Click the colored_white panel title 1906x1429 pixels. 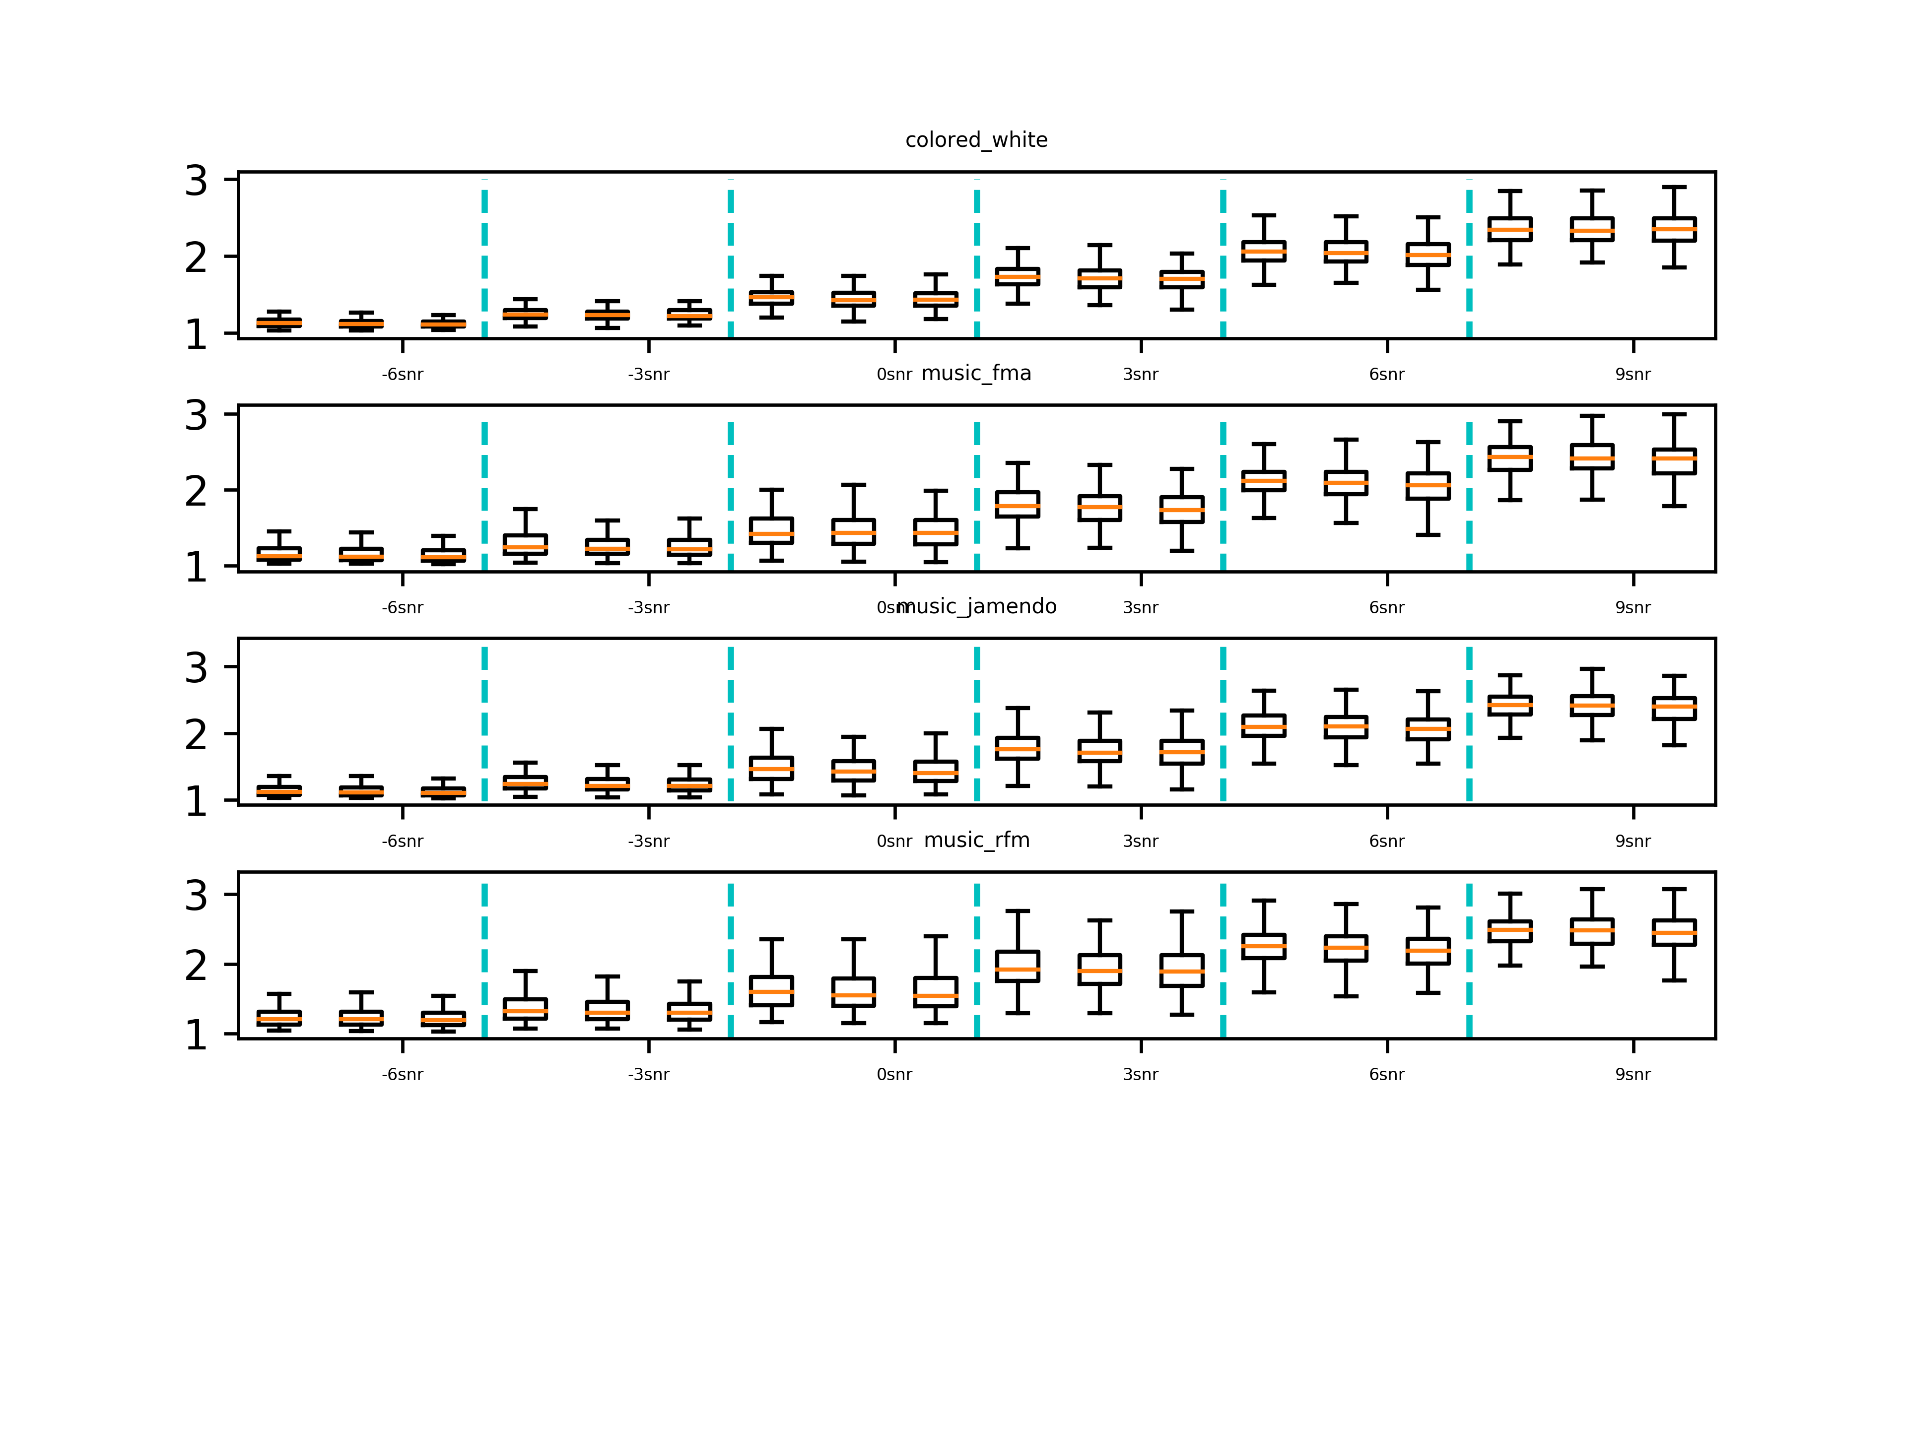[976, 140]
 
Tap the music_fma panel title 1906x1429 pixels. [976, 374]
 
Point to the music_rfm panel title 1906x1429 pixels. [976, 841]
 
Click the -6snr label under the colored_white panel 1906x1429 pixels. [403, 375]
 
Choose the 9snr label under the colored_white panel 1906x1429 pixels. [1633, 375]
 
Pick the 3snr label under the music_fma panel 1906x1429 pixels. [1140, 608]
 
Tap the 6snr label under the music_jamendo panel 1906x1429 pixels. [1386, 842]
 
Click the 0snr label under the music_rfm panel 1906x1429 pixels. [894, 1075]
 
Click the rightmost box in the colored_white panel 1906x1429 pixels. [1674, 229]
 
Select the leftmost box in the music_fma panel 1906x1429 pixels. [279, 555]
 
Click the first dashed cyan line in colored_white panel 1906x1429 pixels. [484, 259]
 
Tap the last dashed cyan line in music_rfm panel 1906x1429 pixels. [1469, 961]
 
